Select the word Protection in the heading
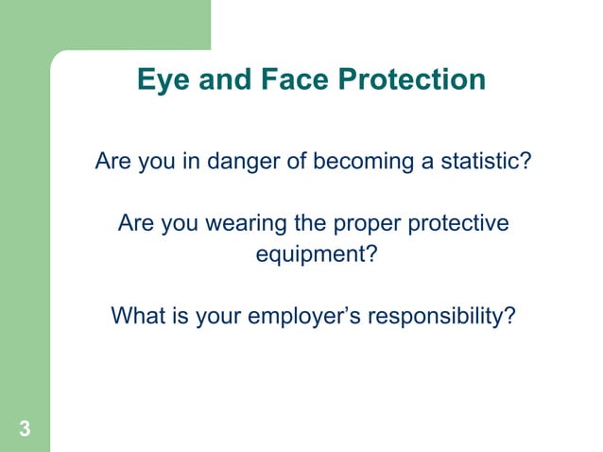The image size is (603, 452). point(409,80)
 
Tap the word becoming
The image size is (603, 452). point(359,163)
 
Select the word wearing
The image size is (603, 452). point(239,225)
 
